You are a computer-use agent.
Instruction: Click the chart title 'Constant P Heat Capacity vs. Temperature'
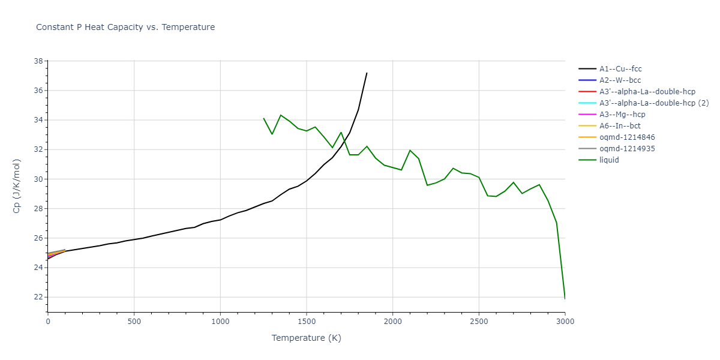125,27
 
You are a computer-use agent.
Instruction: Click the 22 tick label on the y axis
38,297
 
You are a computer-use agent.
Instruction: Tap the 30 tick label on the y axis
38,179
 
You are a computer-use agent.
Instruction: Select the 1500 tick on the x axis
307,322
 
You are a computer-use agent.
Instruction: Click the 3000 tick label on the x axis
565,322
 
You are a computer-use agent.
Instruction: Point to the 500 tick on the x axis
134,322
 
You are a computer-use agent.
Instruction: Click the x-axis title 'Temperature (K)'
306,338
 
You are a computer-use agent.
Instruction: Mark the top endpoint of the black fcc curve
367,73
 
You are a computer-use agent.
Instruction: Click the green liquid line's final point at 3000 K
565,298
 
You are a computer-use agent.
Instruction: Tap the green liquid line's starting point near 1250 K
263,118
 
